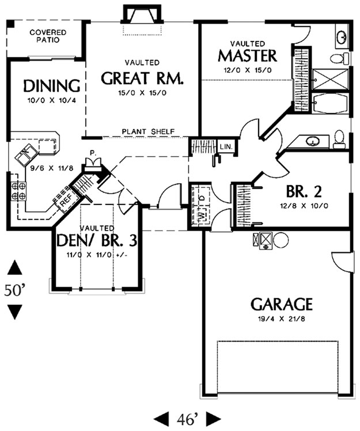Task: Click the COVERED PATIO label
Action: pos(48,36)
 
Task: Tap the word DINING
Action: pos(52,86)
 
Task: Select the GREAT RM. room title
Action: pos(142,78)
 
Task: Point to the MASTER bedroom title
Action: pos(247,56)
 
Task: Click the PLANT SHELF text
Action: pos(148,132)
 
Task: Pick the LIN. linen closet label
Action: pos(226,147)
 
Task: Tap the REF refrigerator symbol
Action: pos(66,201)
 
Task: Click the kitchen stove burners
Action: pos(18,191)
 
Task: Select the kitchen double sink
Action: pos(26,155)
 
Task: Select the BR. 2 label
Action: pos(304,191)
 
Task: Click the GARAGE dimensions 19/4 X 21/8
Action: pos(282,319)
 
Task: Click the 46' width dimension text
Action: pos(187,419)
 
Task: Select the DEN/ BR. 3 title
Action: pos(96,240)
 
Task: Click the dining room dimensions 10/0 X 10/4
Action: pos(52,100)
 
